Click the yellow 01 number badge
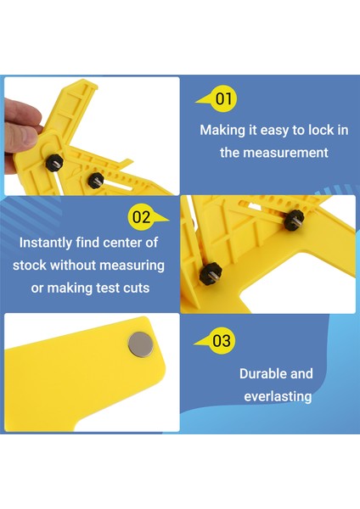tap(223, 99)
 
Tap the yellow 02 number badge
tap(141, 217)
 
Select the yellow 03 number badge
tap(221, 341)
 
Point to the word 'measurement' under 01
tap(273, 154)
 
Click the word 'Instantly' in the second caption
tap(48, 243)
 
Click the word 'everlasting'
tap(278, 396)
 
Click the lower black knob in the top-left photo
tap(95, 179)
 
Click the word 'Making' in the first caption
tap(222, 131)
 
